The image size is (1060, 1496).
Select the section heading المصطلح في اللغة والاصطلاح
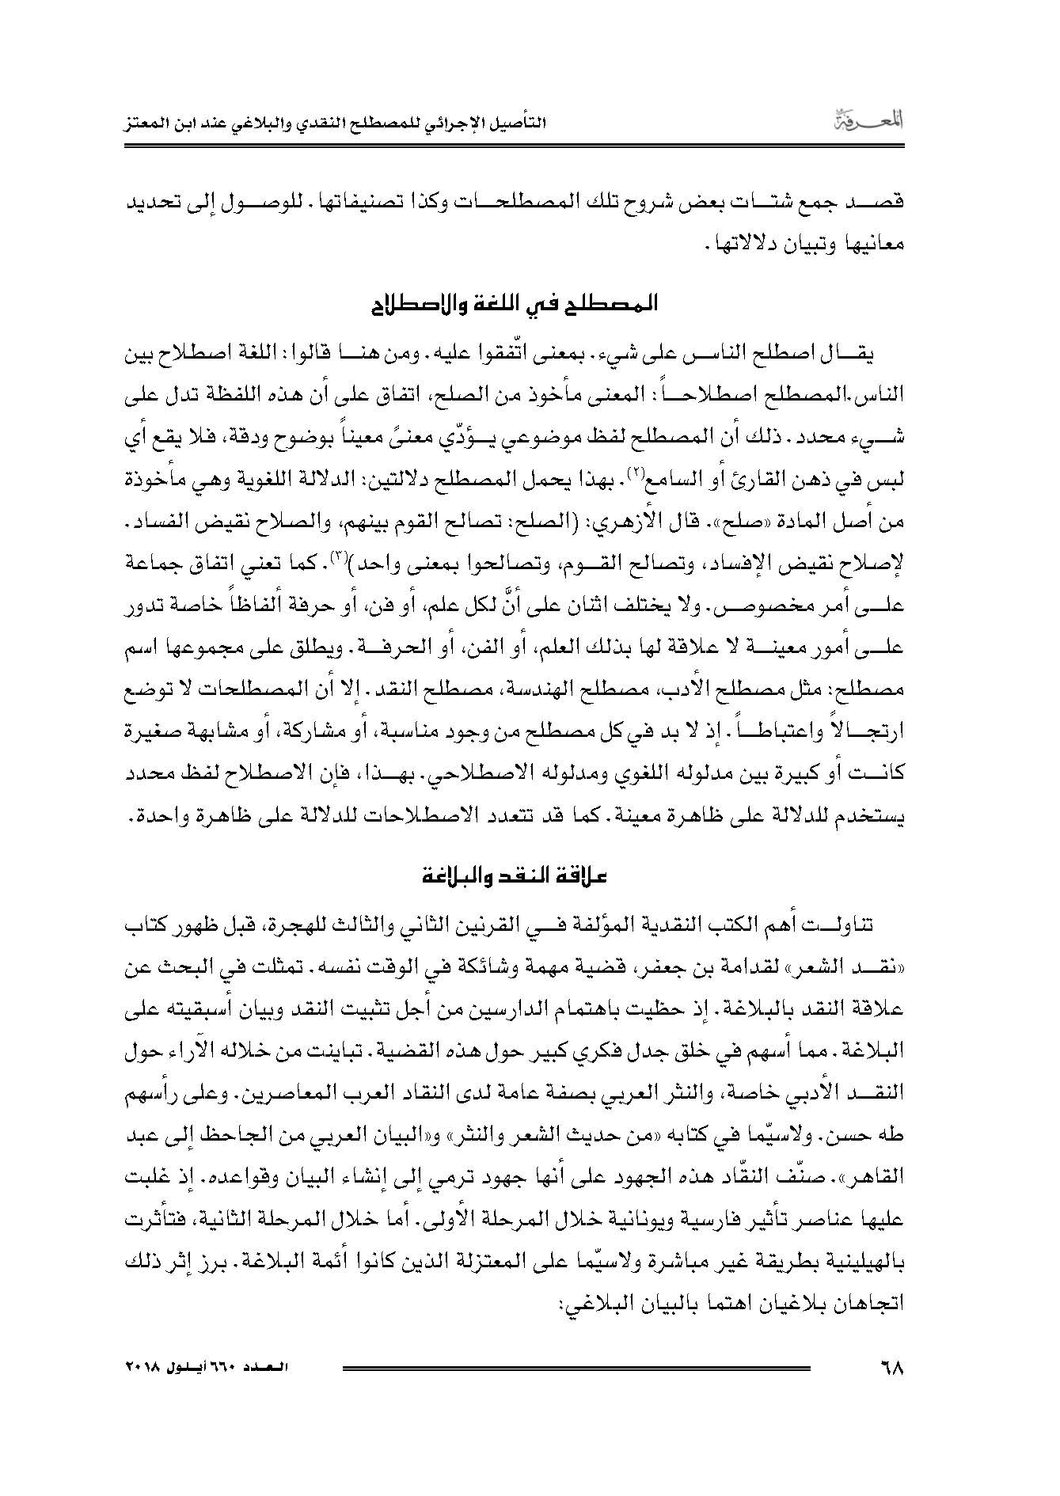tap(515, 305)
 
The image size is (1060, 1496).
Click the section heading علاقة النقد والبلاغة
tap(515, 877)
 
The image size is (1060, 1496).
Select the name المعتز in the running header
tap(154, 125)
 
